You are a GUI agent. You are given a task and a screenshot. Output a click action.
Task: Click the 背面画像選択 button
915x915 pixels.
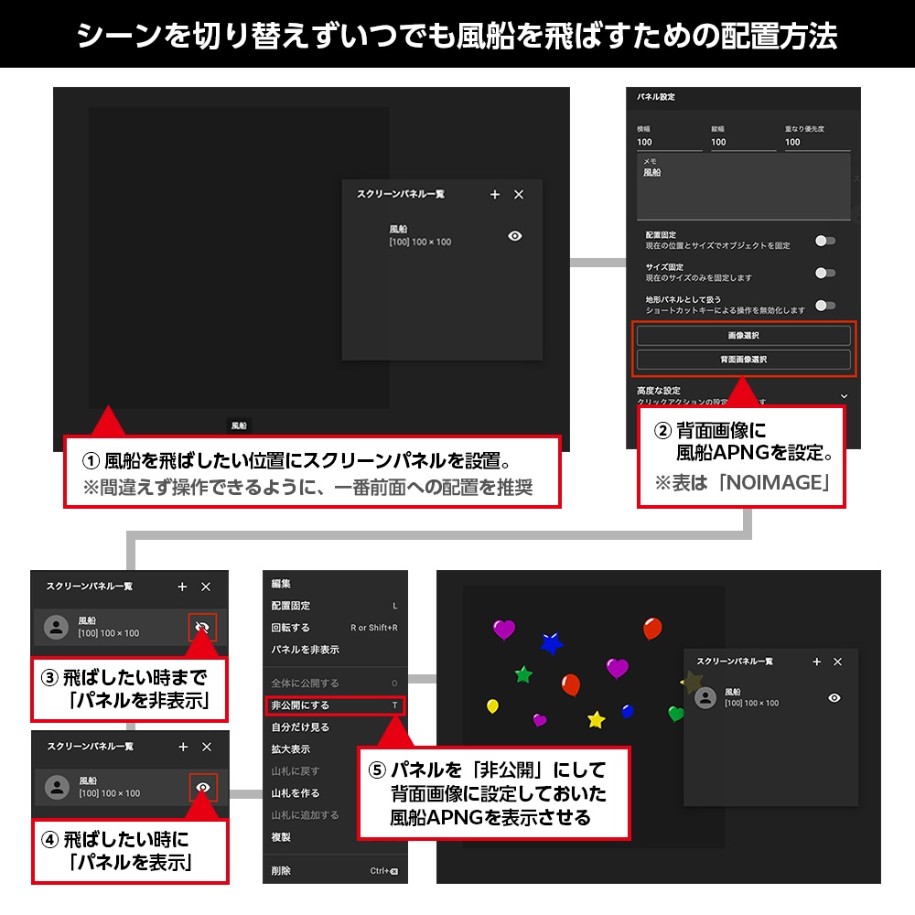coord(743,360)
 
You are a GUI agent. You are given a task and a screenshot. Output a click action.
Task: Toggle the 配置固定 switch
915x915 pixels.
coord(825,241)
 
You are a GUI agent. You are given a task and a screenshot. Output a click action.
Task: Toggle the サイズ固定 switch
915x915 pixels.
coord(825,273)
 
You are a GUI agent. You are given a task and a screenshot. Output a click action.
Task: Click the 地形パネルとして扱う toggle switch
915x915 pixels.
coord(825,306)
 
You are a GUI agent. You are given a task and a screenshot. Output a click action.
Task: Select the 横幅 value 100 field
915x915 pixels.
coord(668,142)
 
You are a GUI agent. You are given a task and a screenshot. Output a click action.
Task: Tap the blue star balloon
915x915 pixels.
coord(551,643)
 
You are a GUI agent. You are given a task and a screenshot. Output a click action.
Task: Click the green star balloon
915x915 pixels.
coord(523,675)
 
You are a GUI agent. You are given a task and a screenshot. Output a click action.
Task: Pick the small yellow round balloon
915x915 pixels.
coord(492,705)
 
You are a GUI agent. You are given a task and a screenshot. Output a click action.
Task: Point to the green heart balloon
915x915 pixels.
coord(676,713)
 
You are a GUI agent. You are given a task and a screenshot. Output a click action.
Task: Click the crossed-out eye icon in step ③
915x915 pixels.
coord(203,628)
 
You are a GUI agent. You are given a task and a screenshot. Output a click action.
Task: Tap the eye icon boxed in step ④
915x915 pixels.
coord(203,787)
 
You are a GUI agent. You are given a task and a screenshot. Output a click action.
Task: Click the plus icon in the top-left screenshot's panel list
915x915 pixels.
coord(495,195)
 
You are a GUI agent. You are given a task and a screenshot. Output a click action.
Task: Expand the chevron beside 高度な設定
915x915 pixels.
coord(844,395)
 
